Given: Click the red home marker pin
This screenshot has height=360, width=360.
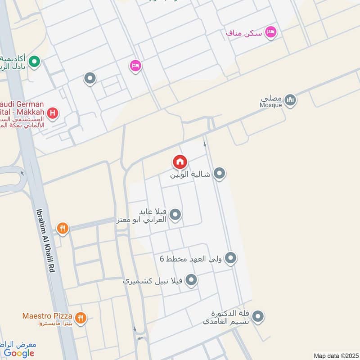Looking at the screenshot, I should (180, 162).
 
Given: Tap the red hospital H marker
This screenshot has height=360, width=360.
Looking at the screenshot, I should (53, 113).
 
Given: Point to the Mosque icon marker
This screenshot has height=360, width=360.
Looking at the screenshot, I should (290, 100).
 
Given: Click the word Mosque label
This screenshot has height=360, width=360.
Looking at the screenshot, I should (271, 105).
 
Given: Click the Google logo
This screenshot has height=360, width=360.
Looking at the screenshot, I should (19, 353).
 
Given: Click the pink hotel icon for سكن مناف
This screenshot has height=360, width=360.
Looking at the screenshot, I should (271, 32).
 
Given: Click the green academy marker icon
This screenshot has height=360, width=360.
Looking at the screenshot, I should (34, 61).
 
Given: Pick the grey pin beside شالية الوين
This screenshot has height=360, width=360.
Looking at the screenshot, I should (219, 173).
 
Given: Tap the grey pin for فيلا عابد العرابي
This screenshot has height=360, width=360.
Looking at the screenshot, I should (175, 215).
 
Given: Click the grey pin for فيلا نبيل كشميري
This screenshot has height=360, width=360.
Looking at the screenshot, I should (191, 280).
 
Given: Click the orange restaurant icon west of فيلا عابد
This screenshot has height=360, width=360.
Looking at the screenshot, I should (62, 229).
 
